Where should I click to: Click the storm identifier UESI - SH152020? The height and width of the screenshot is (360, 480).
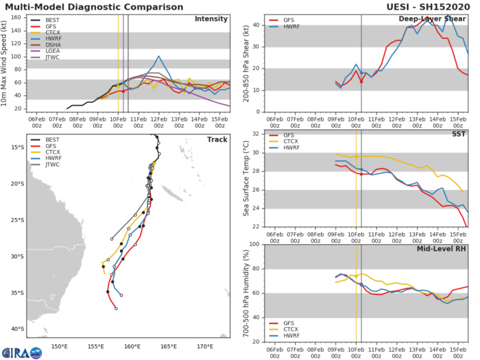(x=438, y=5)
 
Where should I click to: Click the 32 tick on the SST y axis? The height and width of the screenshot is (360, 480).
(x=254, y=134)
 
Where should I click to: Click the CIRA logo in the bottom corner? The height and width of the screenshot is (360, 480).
(x=24, y=353)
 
